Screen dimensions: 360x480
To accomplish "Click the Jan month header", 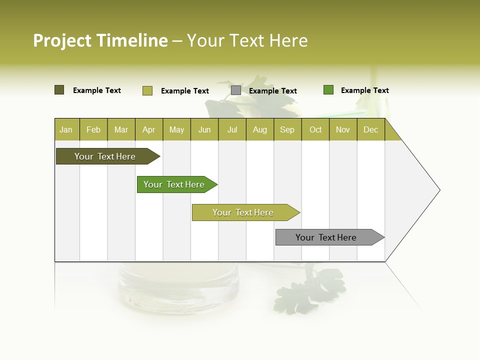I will tap(66, 130).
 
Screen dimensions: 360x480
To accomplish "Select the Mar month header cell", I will tap(121, 130).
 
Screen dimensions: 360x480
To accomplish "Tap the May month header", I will tap(176, 130).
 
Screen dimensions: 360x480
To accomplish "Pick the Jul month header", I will tap(232, 130).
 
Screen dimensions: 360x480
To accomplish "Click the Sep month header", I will tap(287, 130).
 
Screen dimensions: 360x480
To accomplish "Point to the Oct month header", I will tap(315, 130).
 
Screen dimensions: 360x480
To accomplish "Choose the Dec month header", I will tap(370, 130).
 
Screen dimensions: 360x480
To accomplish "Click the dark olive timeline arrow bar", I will tap(105, 156).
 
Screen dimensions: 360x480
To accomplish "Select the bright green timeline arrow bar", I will tap(174, 184).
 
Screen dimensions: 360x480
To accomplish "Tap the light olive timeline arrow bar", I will tap(243, 212).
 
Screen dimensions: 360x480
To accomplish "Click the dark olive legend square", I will tap(59, 90).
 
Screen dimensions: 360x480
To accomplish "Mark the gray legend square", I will tap(236, 90).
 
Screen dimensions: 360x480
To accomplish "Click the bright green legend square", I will tap(328, 90).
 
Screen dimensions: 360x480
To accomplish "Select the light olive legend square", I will tap(147, 90).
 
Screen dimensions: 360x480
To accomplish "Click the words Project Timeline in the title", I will tap(100, 40).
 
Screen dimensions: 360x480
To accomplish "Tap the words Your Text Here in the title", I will tap(247, 40).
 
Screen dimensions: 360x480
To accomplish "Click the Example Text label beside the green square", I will tap(364, 90).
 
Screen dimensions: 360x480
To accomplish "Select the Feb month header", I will tap(93, 130).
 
